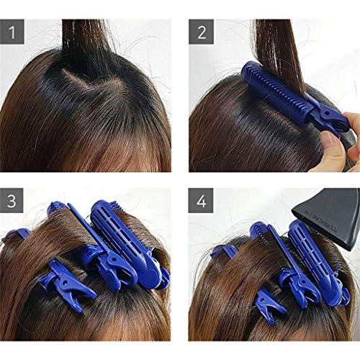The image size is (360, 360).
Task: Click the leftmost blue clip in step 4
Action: [224, 251]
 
